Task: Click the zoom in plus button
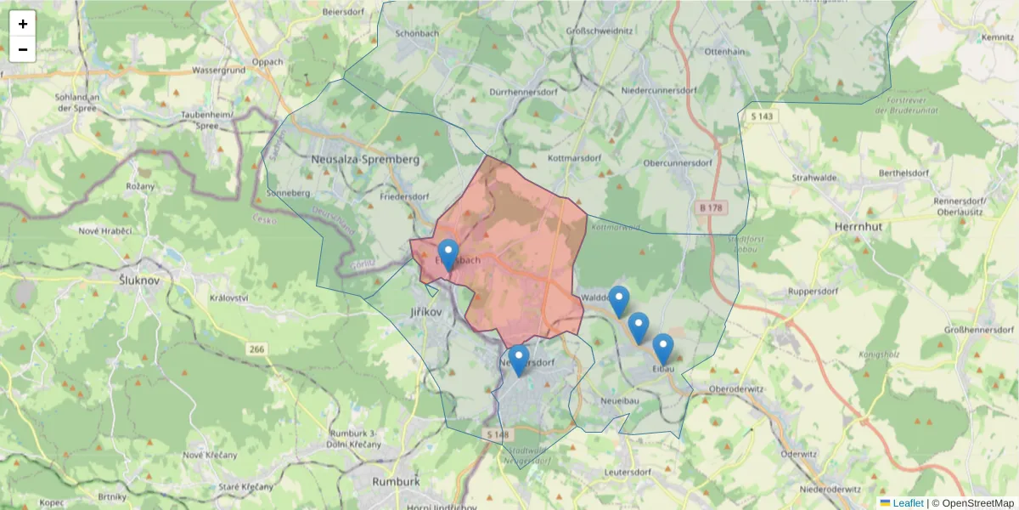23,24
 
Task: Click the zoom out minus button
23,49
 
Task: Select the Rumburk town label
396,481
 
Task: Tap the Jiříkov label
426,313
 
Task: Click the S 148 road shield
498,434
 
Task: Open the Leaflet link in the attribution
908,503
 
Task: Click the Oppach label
267,62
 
